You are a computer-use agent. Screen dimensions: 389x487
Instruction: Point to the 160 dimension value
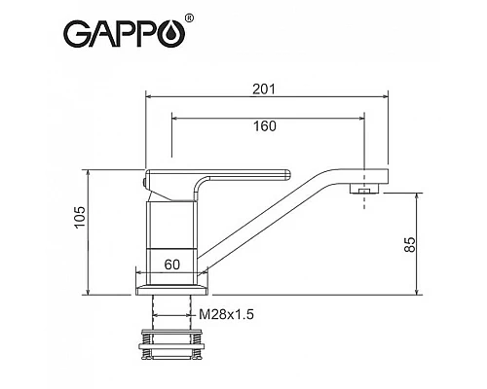(264, 125)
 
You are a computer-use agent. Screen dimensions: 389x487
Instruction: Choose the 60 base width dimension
(172, 264)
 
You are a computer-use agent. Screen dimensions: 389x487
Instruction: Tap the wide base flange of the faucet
(172, 289)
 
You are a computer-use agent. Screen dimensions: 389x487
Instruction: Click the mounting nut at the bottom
(172, 345)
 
